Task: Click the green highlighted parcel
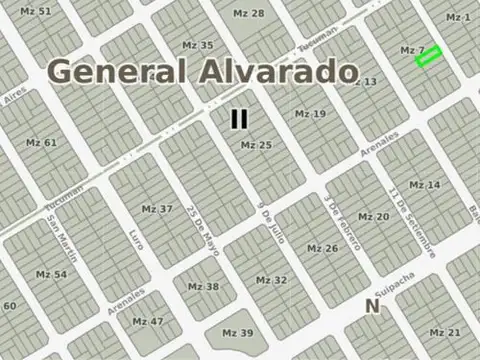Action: tap(428, 59)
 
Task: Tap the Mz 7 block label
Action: tap(413, 50)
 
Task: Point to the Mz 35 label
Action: tap(198, 46)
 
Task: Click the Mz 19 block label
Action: tap(310, 114)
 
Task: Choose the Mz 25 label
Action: tap(256, 146)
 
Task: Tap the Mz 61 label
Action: tap(42, 142)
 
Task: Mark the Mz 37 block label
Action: tap(157, 209)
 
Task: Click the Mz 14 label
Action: tap(425, 185)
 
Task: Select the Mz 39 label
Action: tap(237, 333)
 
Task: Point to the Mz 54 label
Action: tap(51, 274)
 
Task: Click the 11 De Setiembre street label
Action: tap(411, 221)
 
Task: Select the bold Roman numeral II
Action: tap(239, 119)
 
